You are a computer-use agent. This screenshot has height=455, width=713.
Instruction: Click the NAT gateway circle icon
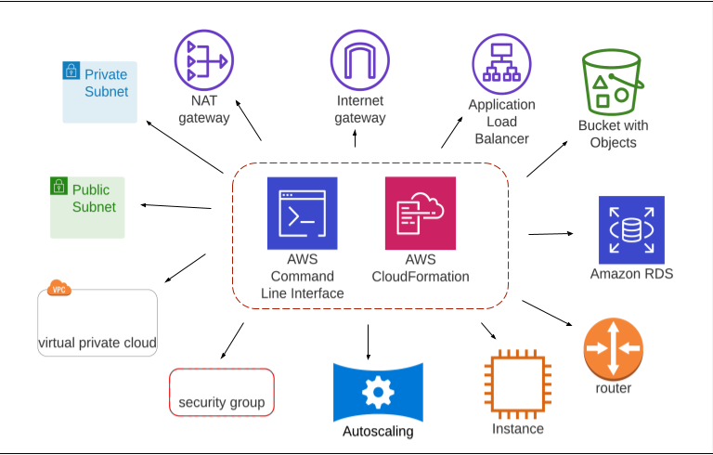click(x=204, y=60)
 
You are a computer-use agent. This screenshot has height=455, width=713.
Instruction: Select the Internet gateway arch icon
click(x=360, y=60)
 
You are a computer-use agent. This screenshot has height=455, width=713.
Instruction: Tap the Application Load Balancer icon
click(x=501, y=64)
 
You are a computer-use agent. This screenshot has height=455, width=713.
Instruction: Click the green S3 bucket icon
click(x=613, y=82)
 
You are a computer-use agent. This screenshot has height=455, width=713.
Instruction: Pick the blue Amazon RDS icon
click(x=631, y=229)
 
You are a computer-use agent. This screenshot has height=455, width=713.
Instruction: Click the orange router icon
click(x=614, y=349)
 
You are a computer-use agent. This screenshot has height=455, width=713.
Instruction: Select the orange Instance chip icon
click(x=518, y=384)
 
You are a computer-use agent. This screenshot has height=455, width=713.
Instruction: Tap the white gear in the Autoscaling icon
click(x=378, y=392)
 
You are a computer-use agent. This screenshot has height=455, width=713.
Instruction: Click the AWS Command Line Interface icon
click(x=303, y=213)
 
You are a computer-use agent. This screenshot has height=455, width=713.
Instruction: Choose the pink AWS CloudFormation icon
click(x=421, y=213)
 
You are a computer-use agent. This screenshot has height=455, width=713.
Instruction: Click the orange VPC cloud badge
click(x=59, y=288)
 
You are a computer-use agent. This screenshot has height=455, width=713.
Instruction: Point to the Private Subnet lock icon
click(x=71, y=71)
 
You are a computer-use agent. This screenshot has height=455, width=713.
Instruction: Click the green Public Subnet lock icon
click(x=58, y=186)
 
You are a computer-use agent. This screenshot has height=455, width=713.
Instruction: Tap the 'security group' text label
click(x=222, y=402)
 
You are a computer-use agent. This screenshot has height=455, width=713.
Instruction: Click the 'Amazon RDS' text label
click(x=631, y=273)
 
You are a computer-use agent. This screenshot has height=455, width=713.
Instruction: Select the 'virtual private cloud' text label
click(x=97, y=343)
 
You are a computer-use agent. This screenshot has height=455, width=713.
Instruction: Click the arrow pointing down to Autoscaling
click(x=368, y=342)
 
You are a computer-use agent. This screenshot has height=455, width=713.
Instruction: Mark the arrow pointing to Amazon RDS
click(x=551, y=234)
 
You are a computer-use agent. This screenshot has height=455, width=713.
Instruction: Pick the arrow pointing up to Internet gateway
click(x=355, y=137)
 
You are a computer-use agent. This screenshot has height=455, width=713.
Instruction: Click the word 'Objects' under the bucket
click(x=613, y=142)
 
